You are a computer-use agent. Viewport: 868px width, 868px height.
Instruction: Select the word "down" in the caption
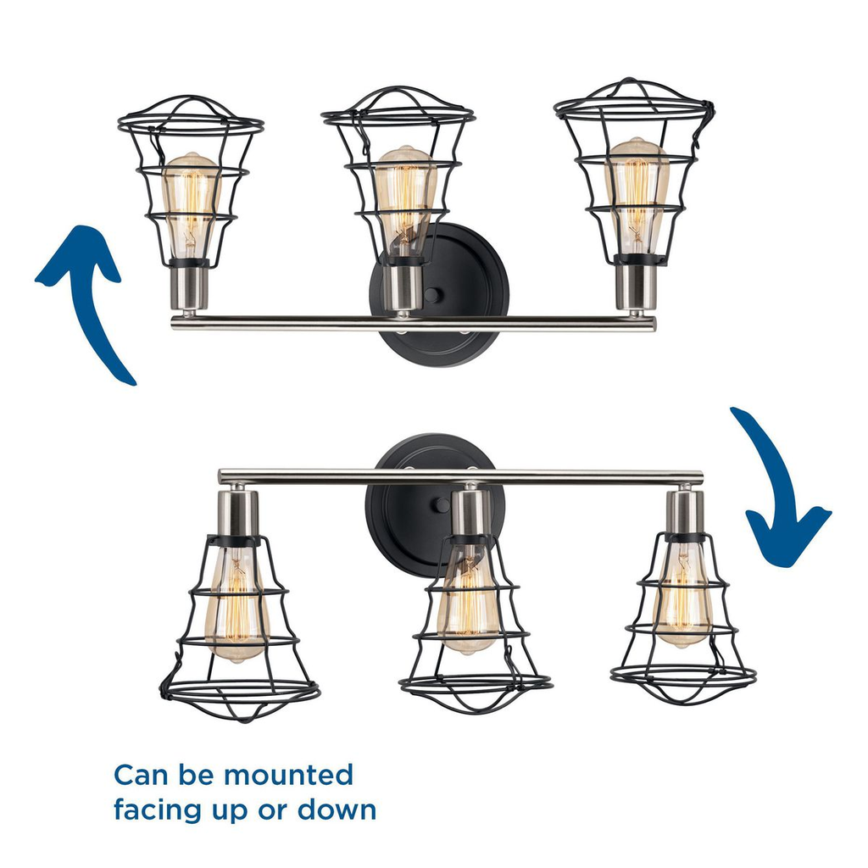click(337, 810)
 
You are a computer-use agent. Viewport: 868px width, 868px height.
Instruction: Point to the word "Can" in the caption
click(141, 775)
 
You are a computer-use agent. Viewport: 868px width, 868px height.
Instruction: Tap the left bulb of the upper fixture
click(190, 205)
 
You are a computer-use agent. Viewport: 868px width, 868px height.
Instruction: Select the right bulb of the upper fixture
click(637, 196)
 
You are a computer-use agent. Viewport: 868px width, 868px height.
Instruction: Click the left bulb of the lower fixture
click(236, 604)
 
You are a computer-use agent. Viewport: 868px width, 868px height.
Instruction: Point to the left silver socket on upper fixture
click(189, 288)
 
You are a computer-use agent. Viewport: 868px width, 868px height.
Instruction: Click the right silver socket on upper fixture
click(636, 287)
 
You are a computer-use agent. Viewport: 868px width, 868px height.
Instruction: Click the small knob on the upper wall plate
click(433, 295)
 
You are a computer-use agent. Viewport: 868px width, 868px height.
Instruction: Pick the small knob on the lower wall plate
click(442, 505)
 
